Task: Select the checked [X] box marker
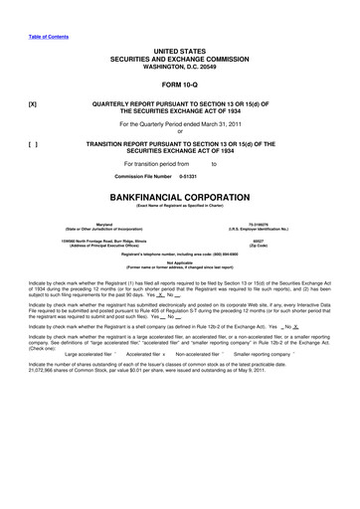tap(33, 103)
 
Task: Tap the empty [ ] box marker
tap(33, 142)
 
